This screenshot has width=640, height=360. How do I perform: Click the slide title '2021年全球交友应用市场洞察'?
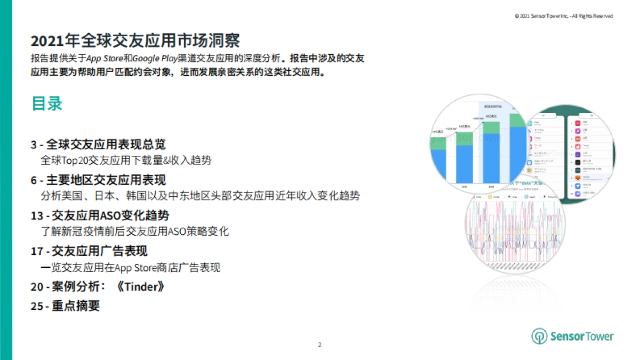coord(135,42)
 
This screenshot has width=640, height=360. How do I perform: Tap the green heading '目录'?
coord(47,103)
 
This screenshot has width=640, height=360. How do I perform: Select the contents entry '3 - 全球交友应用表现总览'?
coord(98,145)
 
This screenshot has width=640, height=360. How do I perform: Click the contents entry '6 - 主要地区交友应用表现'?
coord(98,180)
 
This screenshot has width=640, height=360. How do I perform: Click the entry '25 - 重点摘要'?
coord(66,306)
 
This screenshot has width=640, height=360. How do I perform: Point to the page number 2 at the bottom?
coord(319,345)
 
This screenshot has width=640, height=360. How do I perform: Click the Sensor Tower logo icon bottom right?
coord(539,336)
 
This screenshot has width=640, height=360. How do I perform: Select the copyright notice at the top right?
coord(563,16)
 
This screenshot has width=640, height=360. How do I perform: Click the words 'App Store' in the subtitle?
coord(105,59)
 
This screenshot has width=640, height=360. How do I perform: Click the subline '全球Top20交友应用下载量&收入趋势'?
coord(126,160)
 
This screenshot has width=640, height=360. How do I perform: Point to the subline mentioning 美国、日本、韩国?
coord(200,196)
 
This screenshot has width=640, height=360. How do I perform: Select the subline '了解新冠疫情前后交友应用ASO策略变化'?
coord(134,231)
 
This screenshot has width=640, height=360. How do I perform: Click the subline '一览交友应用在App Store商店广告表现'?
coord(130,267)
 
